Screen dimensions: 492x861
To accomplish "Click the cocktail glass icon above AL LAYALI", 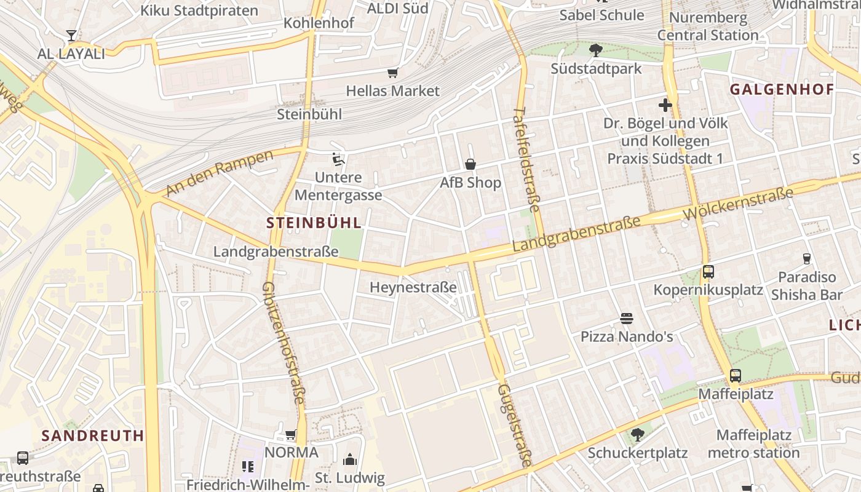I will pos(71,36).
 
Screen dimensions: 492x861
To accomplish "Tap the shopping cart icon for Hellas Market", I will pos(393,73).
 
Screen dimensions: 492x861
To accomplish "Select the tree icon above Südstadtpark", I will pos(595,50).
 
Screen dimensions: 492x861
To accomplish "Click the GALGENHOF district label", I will pos(782,90).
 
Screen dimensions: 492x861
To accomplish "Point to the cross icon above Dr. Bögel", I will pos(665,105).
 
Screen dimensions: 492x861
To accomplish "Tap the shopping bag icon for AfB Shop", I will pos(470,164).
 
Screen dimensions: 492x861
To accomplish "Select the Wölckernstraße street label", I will pos(738,205).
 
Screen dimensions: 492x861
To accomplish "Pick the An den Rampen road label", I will pos(219,174).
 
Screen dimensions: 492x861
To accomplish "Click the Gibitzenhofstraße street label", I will pos(284,343).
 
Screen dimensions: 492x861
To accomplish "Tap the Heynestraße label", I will pos(413,287).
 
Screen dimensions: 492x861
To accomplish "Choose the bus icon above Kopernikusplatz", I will pos(708,272).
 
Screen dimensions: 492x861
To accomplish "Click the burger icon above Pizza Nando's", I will pos(627,319).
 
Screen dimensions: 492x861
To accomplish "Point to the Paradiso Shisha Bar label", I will pos(807,286).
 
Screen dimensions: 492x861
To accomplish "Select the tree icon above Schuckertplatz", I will pos(638,435).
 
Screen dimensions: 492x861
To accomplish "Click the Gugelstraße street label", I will pos(514,426).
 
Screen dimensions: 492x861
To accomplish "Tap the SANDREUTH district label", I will pos(93,436).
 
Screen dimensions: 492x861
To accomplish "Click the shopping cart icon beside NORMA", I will pos(291,435).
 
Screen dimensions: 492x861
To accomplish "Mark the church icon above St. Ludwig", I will pos(349,459).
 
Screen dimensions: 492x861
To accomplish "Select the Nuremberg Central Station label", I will pos(708,26).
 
